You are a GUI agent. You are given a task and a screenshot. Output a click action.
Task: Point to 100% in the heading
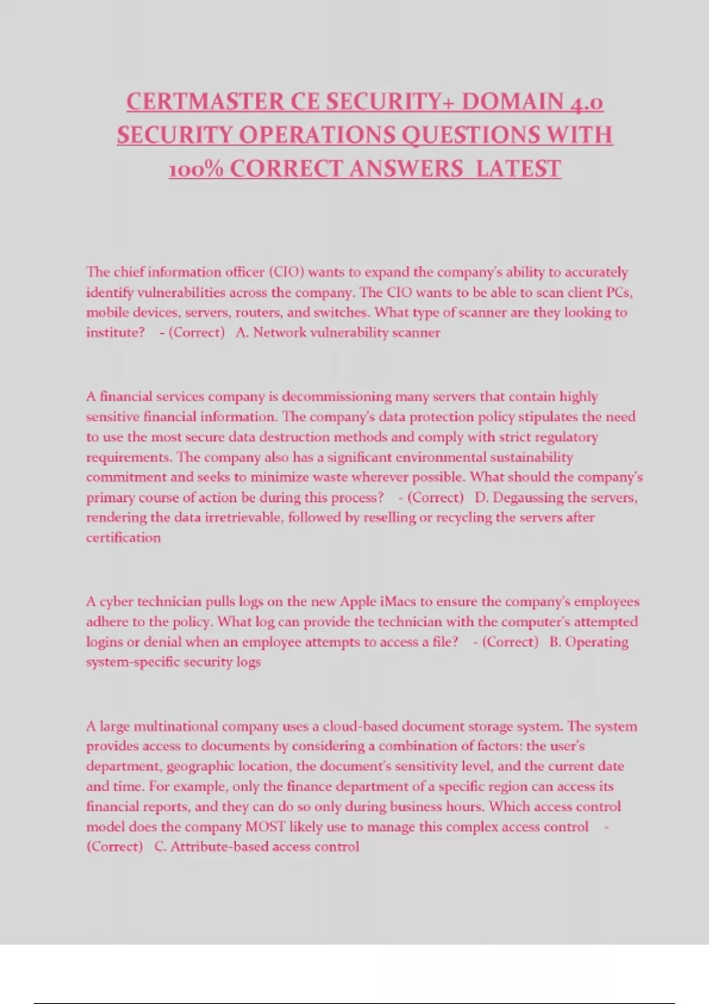pyautogui.click(x=196, y=169)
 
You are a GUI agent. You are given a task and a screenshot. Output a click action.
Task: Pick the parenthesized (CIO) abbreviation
pyautogui.click(x=287, y=272)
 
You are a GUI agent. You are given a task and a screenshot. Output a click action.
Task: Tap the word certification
pyautogui.click(x=123, y=537)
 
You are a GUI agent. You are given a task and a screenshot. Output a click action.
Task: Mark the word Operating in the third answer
pyautogui.click(x=597, y=642)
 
